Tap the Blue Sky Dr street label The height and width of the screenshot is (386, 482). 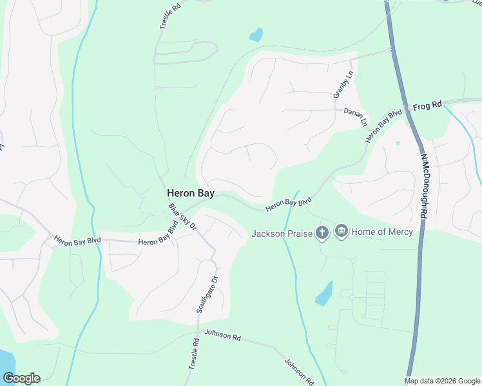pos(182,218)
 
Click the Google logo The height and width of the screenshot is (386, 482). pos(21,378)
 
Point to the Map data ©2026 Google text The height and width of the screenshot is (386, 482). pos(443,381)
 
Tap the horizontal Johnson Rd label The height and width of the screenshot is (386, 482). pos(222,336)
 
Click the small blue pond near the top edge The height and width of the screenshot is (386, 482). pos(256,35)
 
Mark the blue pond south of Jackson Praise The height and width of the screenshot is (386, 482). pos(324,293)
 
